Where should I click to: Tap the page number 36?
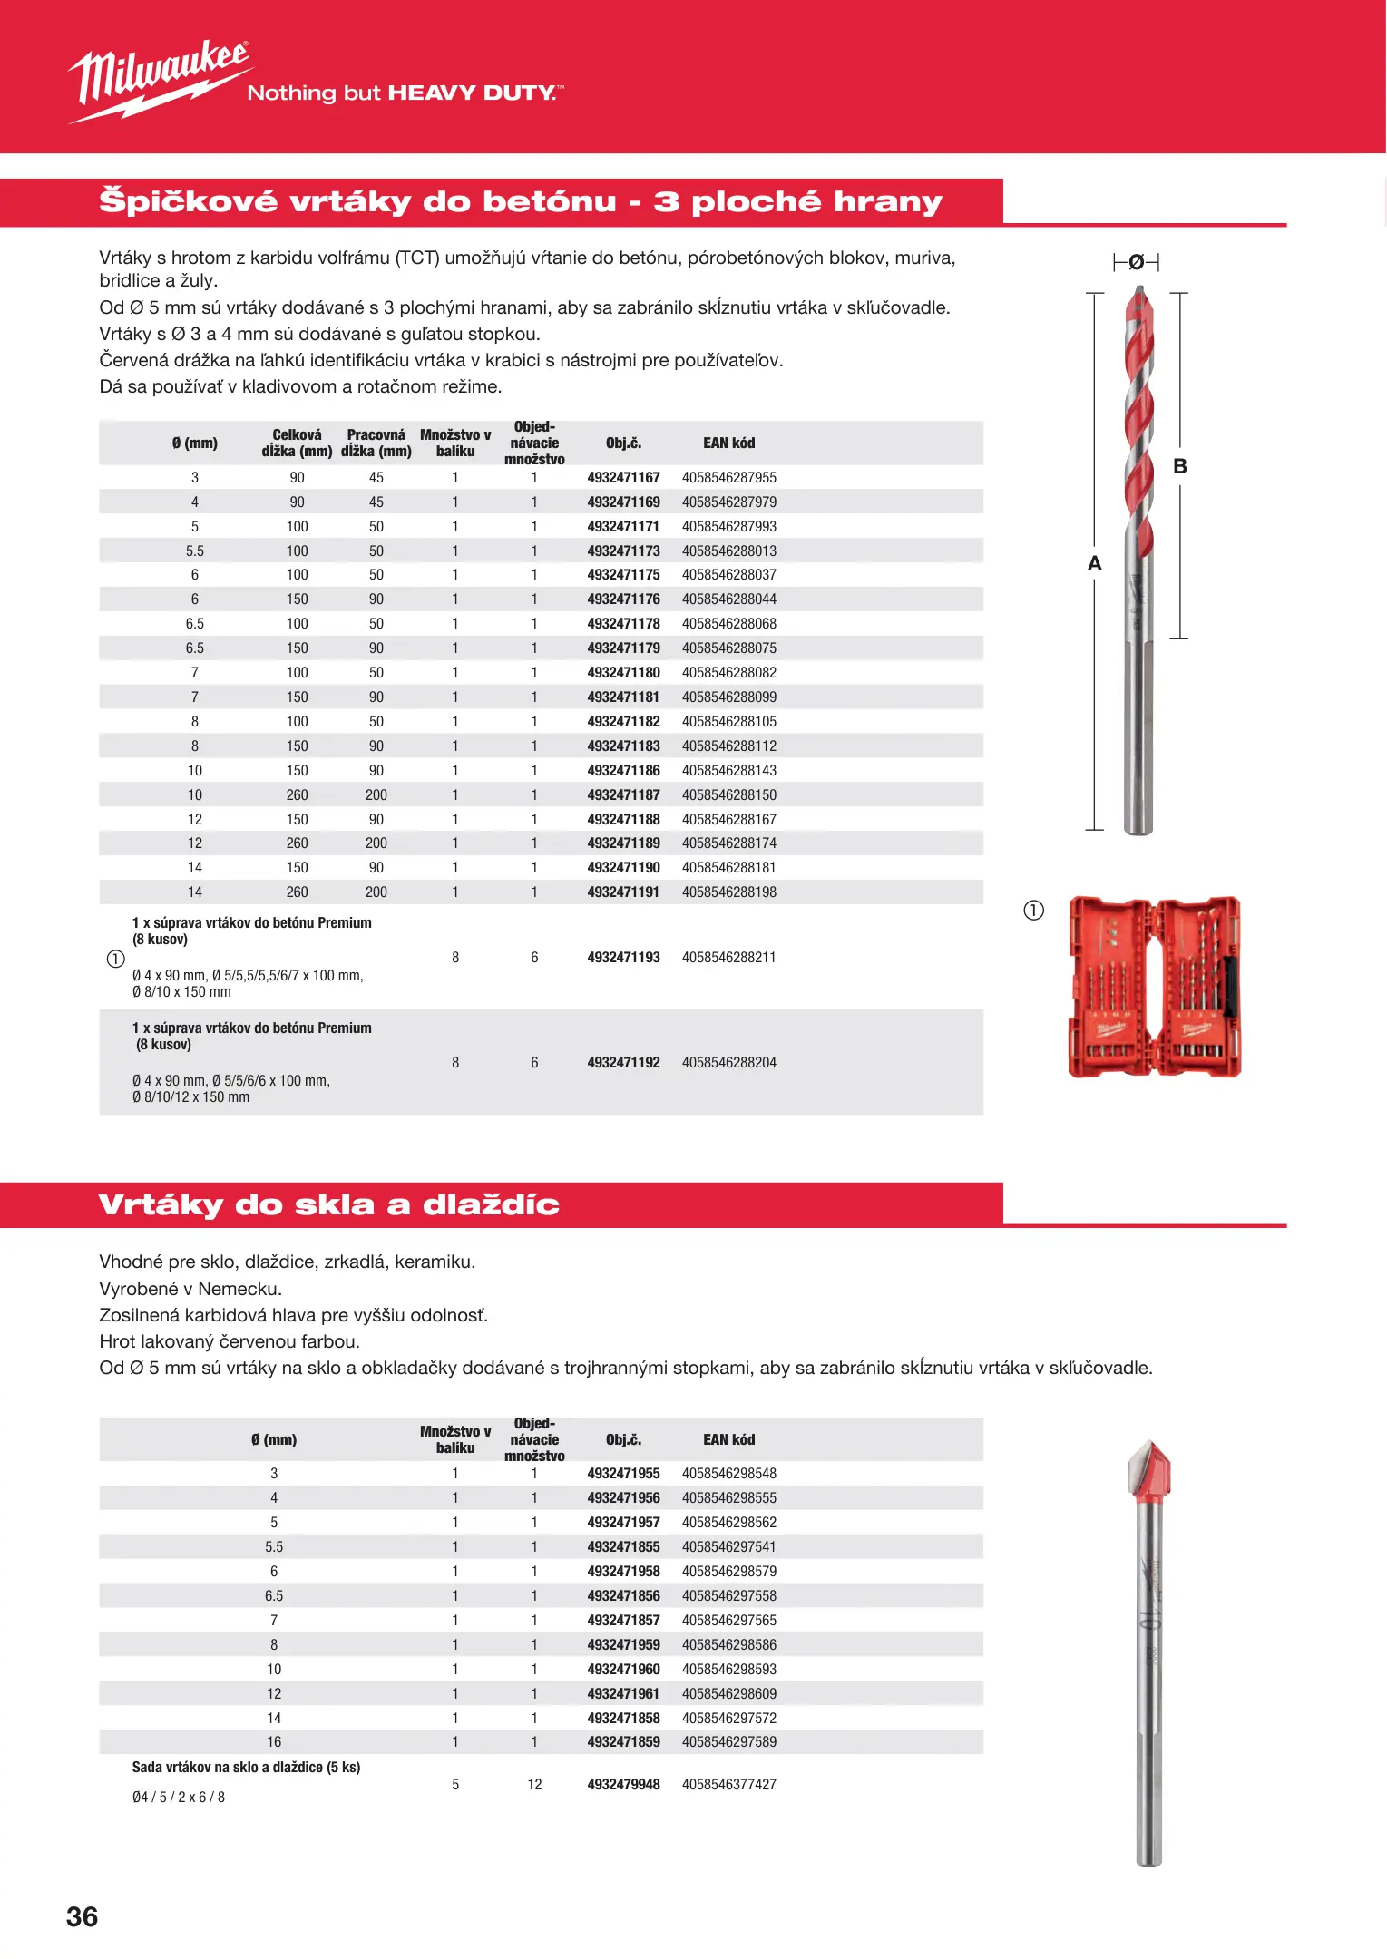pos(82,1916)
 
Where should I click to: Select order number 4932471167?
pos(623,478)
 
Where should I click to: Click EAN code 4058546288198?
pos(729,892)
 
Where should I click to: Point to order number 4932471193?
pos(623,958)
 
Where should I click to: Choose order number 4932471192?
pos(623,1063)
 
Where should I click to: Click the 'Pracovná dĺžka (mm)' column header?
pos(376,443)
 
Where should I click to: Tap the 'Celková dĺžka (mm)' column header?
pos(297,443)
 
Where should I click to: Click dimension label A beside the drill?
pos(1095,564)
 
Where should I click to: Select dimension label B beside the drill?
pos(1180,466)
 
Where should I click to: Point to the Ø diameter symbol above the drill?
pos(1136,263)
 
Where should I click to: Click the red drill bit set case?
pos(1154,987)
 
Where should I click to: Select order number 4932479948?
pos(623,1785)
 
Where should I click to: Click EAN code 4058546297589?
pos(729,1742)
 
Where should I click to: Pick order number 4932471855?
pos(623,1547)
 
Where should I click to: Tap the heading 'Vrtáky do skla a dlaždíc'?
pos(328,1205)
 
